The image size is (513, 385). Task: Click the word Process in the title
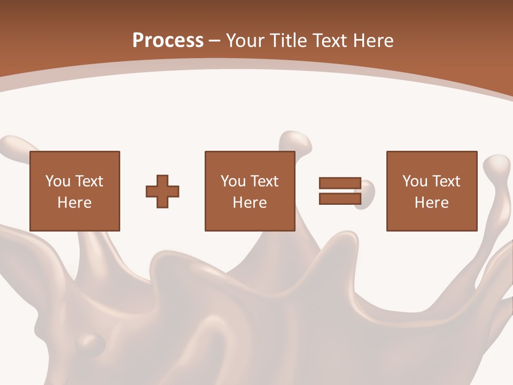pyautogui.click(x=168, y=41)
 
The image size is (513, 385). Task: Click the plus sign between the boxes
pyautogui.click(x=162, y=191)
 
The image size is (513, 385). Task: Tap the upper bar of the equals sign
pyautogui.click(x=340, y=183)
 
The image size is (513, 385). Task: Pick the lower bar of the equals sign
pyautogui.click(x=340, y=198)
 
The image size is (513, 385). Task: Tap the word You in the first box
pyautogui.click(x=57, y=181)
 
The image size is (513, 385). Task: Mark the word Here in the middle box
pyautogui.click(x=250, y=203)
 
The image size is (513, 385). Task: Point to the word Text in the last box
pyautogui.click(x=446, y=181)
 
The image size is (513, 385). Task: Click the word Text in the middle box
pyautogui.click(x=265, y=181)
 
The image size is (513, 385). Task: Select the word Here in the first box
pyautogui.click(x=75, y=203)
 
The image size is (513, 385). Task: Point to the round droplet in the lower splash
pyautogui.click(x=90, y=342)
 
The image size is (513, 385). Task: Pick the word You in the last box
pyautogui.click(x=415, y=181)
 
